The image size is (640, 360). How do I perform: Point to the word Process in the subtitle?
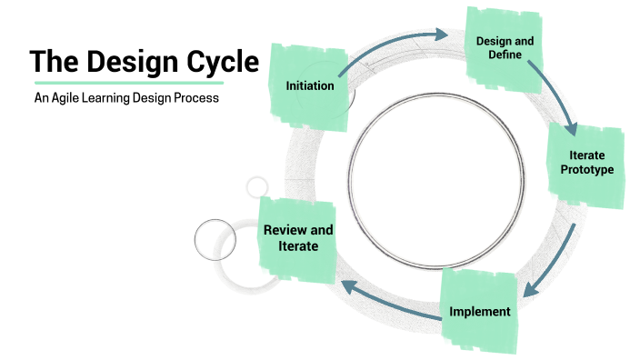(x=197, y=97)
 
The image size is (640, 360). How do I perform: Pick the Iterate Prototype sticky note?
(x=585, y=164)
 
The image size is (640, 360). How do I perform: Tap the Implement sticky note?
(x=479, y=310)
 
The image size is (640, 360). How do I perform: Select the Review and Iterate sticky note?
(x=297, y=237)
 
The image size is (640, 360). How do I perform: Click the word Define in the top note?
(x=505, y=56)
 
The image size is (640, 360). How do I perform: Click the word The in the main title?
(x=51, y=63)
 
